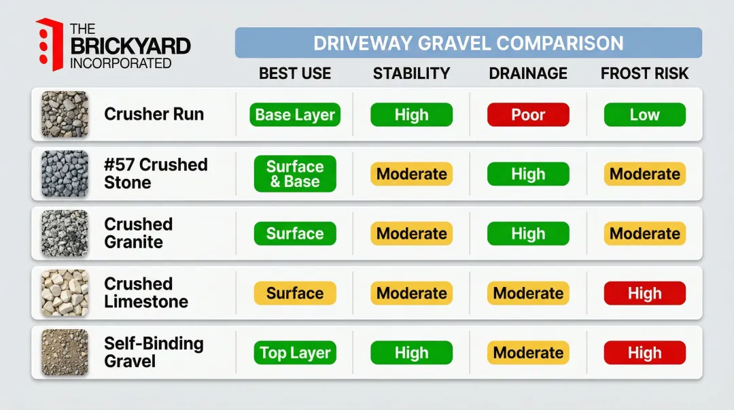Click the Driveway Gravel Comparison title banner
pyautogui.click(x=468, y=44)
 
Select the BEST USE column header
pyautogui.click(x=295, y=73)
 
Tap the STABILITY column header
pyautogui.click(x=411, y=73)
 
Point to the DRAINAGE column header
pyautogui.click(x=528, y=73)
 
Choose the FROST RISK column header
pyautogui.click(x=644, y=73)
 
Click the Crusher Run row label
pyautogui.click(x=154, y=114)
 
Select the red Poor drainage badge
pyautogui.click(x=528, y=115)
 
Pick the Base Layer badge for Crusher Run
pyautogui.click(x=295, y=115)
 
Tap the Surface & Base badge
pyautogui.click(x=295, y=174)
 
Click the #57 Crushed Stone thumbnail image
pyautogui.click(x=65, y=174)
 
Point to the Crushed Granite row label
pyautogui.click(x=139, y=233)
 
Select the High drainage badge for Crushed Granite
pyautogui.click(x=528, y=234)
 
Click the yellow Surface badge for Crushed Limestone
pyautogui.click(x=295, y=294)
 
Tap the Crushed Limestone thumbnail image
pyautogui.click(x=65, y=293)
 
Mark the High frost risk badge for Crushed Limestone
pyautogui.click(x=644, y=294)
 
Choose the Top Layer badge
pyautogui.click(x=295, y=353)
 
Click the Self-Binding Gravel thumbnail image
pyautogui.click(x=65, y=352)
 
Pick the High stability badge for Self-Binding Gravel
pyautogui.click(x=411, y=353)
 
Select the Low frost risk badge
pyautogui.click(x=644, y=115)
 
